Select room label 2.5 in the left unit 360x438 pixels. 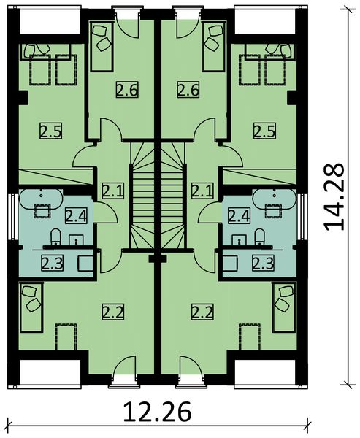click(50, 131)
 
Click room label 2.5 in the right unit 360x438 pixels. click(264, 131)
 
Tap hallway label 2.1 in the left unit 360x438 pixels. click(112, 191)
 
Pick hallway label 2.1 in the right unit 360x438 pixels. click(202, 191)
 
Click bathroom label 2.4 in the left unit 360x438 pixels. click(75, 215)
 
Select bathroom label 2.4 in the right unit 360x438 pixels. click(239, 215)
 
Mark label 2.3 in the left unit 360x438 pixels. click(51, 263)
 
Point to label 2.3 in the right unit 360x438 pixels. click(263, 263)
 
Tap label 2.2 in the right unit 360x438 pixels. click(202, 313)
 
